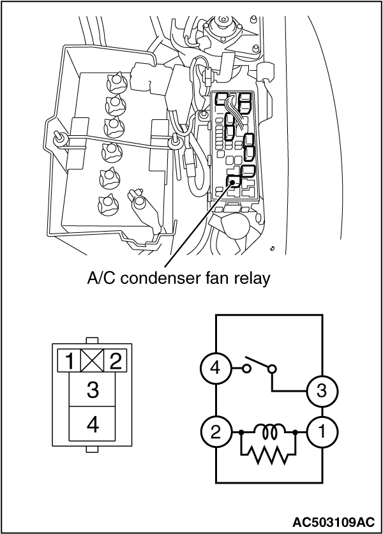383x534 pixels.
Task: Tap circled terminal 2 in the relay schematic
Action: pyautogui.click(x=215, y=432)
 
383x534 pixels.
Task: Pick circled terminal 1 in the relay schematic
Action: pyautogui.click(x=322, y=432)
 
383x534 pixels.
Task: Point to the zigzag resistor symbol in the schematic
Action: pyautogui.click(x=269, y=453)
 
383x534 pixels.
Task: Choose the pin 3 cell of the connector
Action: pyautogui.click(x=93, y=390)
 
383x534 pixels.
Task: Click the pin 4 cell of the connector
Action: pyautogui.click(x=93, y=425)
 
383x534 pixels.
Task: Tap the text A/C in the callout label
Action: pyautogui.click(x=100, y=279)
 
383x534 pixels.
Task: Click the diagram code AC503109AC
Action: pyautogui.click(x=335, y=521)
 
